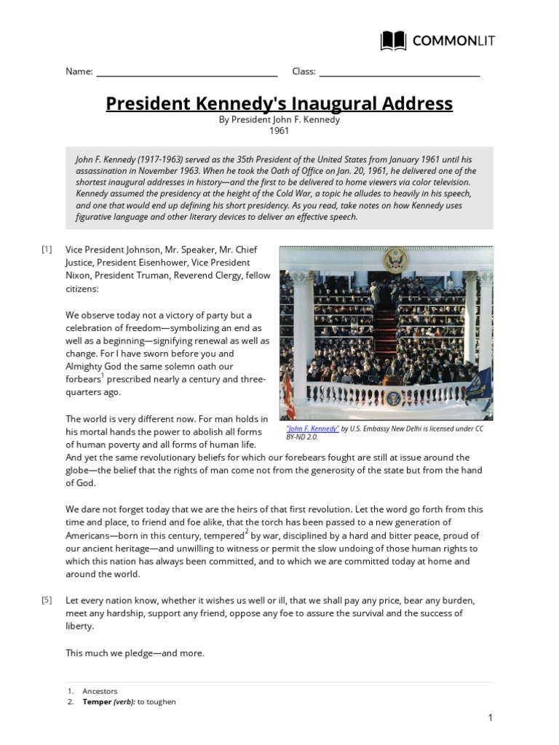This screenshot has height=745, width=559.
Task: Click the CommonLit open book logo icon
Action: point(394,41)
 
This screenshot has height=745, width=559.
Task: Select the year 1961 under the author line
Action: point(279,131)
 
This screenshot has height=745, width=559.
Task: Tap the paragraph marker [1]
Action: point(47,250)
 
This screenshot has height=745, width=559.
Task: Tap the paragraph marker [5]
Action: point(47,600)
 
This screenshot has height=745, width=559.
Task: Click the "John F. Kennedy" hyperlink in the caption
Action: point(313,429)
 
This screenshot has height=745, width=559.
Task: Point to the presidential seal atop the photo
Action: point(397,259)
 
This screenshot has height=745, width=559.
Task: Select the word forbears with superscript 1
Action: point(82,379)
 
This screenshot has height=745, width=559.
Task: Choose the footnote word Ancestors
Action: point(100,691)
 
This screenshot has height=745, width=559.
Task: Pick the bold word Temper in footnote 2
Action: point(97,702)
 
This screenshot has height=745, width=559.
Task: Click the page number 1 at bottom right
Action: point(491,718)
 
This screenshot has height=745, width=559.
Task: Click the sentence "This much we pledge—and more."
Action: point(135,653)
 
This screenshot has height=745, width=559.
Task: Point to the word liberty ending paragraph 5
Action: point(79,626)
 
